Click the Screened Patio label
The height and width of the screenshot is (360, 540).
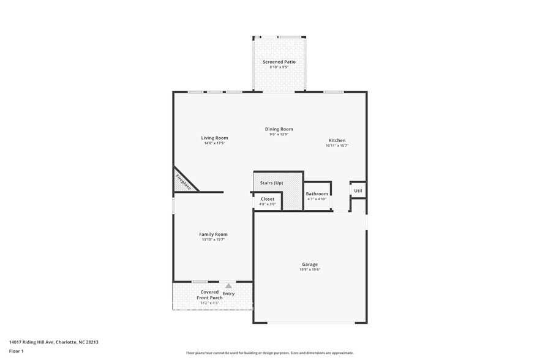(x=279, y=62)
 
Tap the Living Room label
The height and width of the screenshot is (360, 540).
(x=214, y=138)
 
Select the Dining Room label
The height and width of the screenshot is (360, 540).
(x=279, y=129)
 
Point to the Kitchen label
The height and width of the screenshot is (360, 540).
(x=337, y=140)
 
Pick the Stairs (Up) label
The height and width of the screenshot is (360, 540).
(x=271, y=183)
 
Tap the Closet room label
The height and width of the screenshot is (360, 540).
(x=268, y=199)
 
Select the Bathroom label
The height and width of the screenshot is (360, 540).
(x=317, y=194)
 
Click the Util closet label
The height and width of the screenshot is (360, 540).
(x=358, y=190)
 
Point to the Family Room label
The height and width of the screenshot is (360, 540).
(x=213, y=234)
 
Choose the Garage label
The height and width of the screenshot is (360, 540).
(x=310, y=264)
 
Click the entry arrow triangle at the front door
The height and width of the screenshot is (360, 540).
(x=228, y=286)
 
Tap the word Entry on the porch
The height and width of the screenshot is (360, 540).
(x=228, y=294)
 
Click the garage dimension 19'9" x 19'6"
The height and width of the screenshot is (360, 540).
(x=310, y=270)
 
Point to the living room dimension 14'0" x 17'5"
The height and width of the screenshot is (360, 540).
(x=214, y=143)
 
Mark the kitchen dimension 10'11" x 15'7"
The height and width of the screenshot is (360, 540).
(x=337, y=146)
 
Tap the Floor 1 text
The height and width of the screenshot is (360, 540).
(x=16, y=351)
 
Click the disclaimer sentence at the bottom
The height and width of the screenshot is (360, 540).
(x=269, y=353)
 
